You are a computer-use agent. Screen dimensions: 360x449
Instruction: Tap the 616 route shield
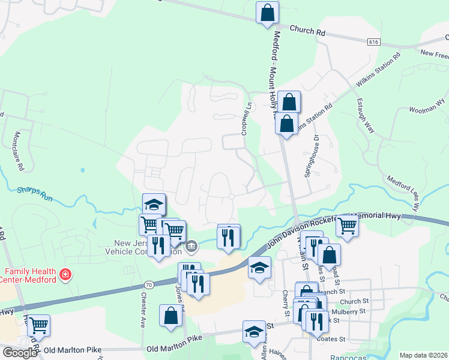[x=373, y=41]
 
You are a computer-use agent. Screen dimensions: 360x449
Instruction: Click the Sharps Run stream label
[x=35, y=193]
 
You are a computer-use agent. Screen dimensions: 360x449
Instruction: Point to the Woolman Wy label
[x=426, y=107]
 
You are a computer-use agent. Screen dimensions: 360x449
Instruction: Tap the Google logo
[x=20, y=353]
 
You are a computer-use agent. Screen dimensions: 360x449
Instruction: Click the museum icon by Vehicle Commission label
[x=192, y=245]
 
